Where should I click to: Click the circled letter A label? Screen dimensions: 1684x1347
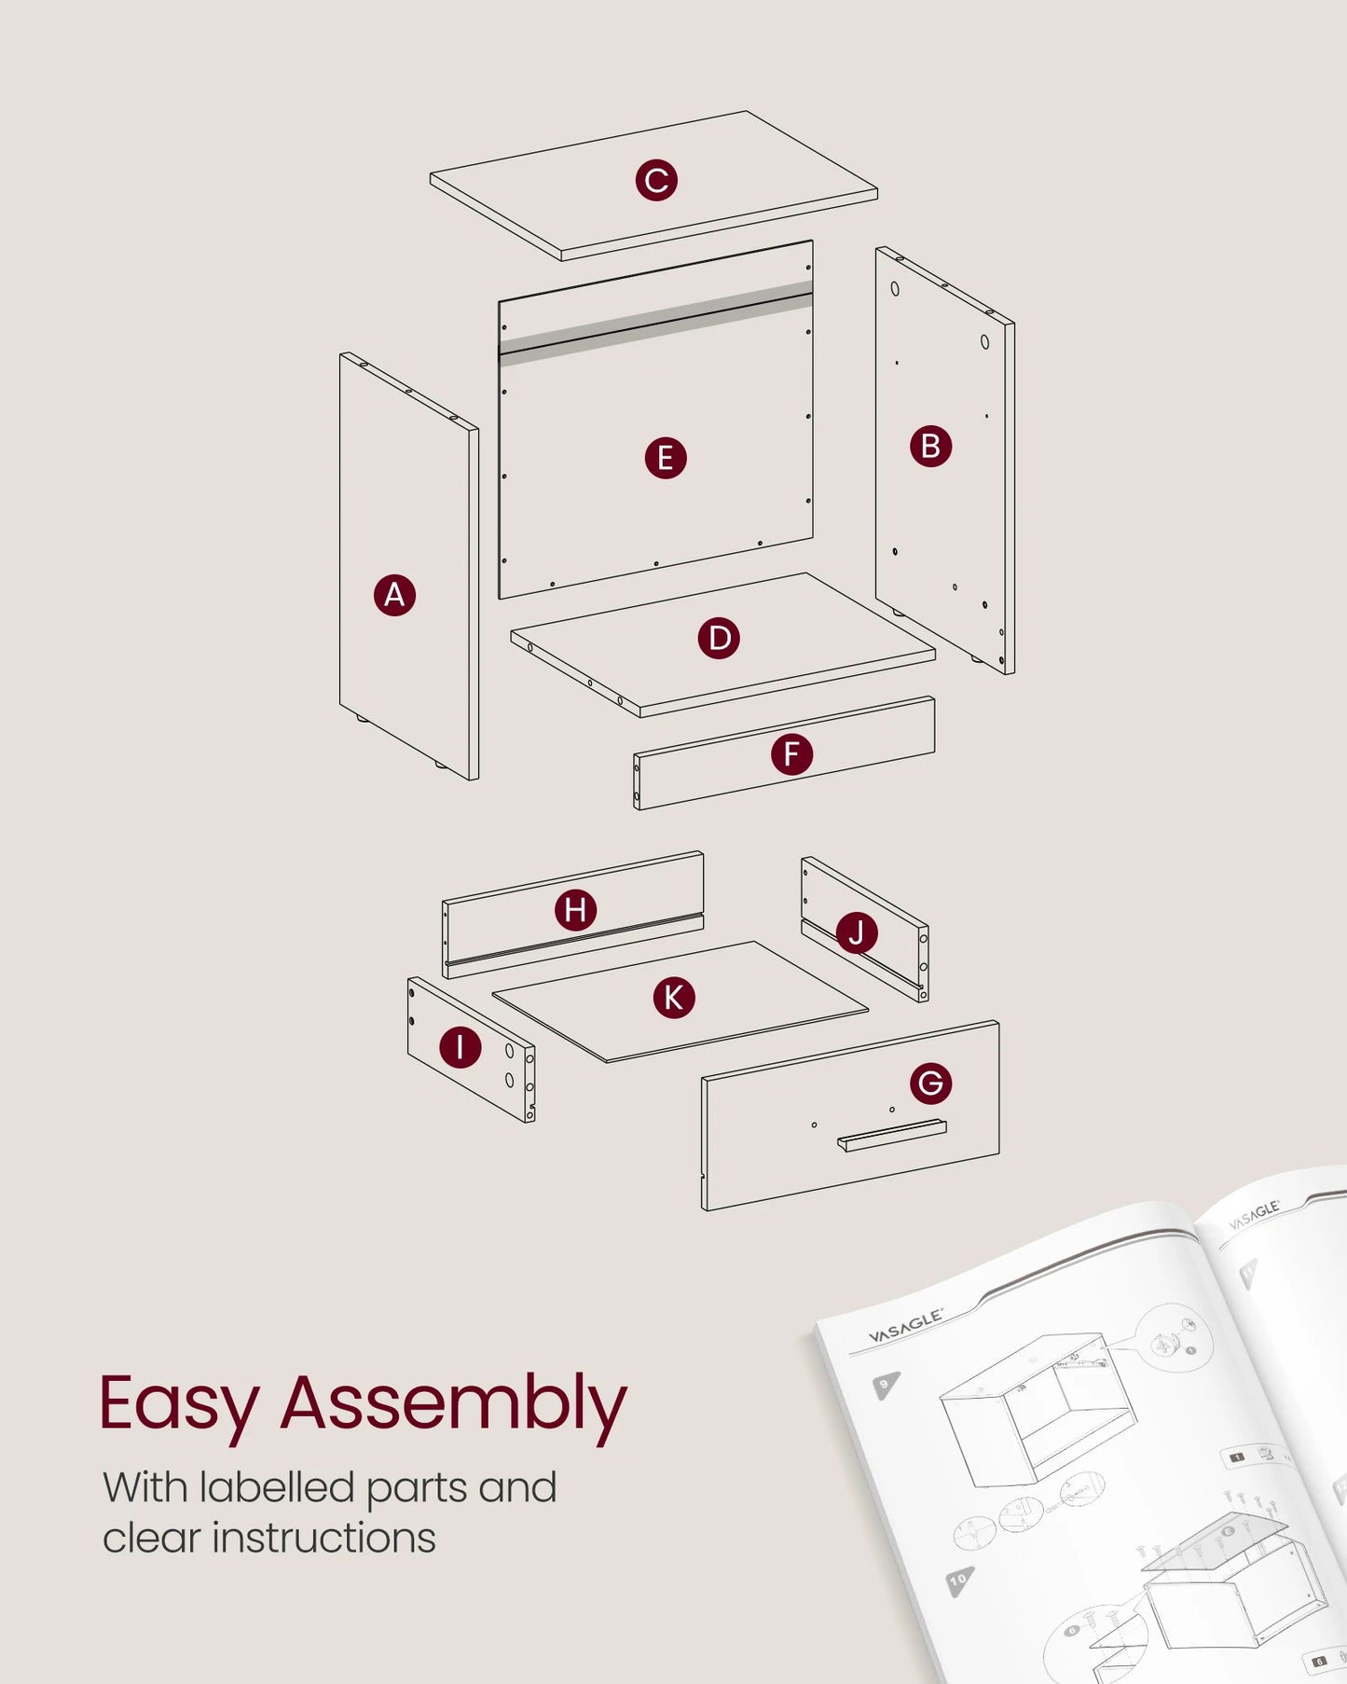coord(394,595)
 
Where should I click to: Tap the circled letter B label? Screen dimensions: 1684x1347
coord(930,447)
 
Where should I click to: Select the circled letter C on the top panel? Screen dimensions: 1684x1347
coord(656,180)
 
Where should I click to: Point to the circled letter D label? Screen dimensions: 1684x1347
coord(719,639)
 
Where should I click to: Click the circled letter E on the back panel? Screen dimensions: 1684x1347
coord(666,458)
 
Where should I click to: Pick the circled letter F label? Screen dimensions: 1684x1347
coord(791,753)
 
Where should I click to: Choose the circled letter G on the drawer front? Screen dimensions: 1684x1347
coord(930,1083)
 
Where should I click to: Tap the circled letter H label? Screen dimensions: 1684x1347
coord(575,910)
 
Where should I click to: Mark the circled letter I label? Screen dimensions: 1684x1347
coord(460,1047)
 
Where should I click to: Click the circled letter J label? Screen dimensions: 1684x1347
coord(857,932)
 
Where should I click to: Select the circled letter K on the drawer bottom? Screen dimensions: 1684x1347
coord(673,998)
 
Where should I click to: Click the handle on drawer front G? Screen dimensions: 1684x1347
coord(892,1135)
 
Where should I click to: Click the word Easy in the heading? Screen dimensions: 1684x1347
coord(178,1405)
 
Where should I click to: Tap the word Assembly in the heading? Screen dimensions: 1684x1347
coord(453,1405)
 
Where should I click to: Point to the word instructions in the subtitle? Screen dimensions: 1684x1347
coord(323,1539)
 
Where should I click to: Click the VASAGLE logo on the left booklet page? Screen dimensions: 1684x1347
coord(905,1325)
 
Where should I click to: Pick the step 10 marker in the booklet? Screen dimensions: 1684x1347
coord(958,1580)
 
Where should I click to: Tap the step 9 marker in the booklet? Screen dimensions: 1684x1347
coord(886,1385)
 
